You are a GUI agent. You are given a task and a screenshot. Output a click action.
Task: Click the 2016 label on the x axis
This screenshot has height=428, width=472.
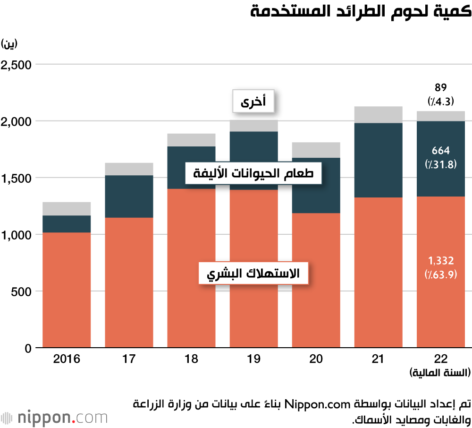[x=67, y=359]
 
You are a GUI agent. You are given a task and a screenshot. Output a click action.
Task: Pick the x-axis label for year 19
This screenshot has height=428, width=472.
[x=253, y=359]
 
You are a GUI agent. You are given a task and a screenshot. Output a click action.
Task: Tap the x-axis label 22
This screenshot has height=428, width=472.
[x=440, y=359]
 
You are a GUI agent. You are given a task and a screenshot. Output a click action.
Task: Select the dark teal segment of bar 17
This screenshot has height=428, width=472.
[x=129, y=196]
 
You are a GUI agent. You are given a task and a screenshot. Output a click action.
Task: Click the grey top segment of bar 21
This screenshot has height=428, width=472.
[x=378, y=115]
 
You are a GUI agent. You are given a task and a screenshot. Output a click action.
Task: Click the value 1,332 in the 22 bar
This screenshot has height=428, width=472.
[x=441, y=260]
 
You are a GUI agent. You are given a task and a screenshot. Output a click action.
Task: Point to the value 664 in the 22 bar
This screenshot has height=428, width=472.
[x=441, y=151]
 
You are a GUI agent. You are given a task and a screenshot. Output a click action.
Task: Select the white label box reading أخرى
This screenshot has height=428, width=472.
[x=253, y=101]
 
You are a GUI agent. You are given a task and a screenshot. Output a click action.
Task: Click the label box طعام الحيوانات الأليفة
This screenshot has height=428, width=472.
[x=253, y=174]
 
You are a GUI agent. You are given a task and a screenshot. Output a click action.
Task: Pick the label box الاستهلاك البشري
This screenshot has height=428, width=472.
[x=253, y=273]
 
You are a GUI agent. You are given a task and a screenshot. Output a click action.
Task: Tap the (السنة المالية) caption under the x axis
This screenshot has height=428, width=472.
[x=439, y=373]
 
